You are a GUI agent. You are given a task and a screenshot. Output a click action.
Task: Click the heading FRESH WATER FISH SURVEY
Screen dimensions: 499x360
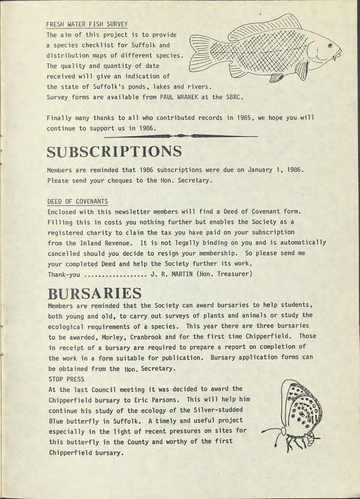pyautogui.click(x=87, y=24)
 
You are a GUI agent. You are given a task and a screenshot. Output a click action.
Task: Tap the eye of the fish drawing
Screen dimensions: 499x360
pyautogui.click(x=329, y=45)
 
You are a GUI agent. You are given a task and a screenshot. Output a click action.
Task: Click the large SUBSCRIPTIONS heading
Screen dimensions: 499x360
pyautogui.click(x=114, y=152)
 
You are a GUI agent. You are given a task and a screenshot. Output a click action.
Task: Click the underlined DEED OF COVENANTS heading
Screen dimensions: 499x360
pyautogui.click(x=77, y=201)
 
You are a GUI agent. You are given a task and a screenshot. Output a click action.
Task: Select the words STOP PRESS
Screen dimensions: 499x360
pyautogui.click(x=66, y=379)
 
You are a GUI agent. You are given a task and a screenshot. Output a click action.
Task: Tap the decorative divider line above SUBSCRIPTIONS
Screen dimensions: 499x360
pyautogui.click(x=181, y=136)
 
